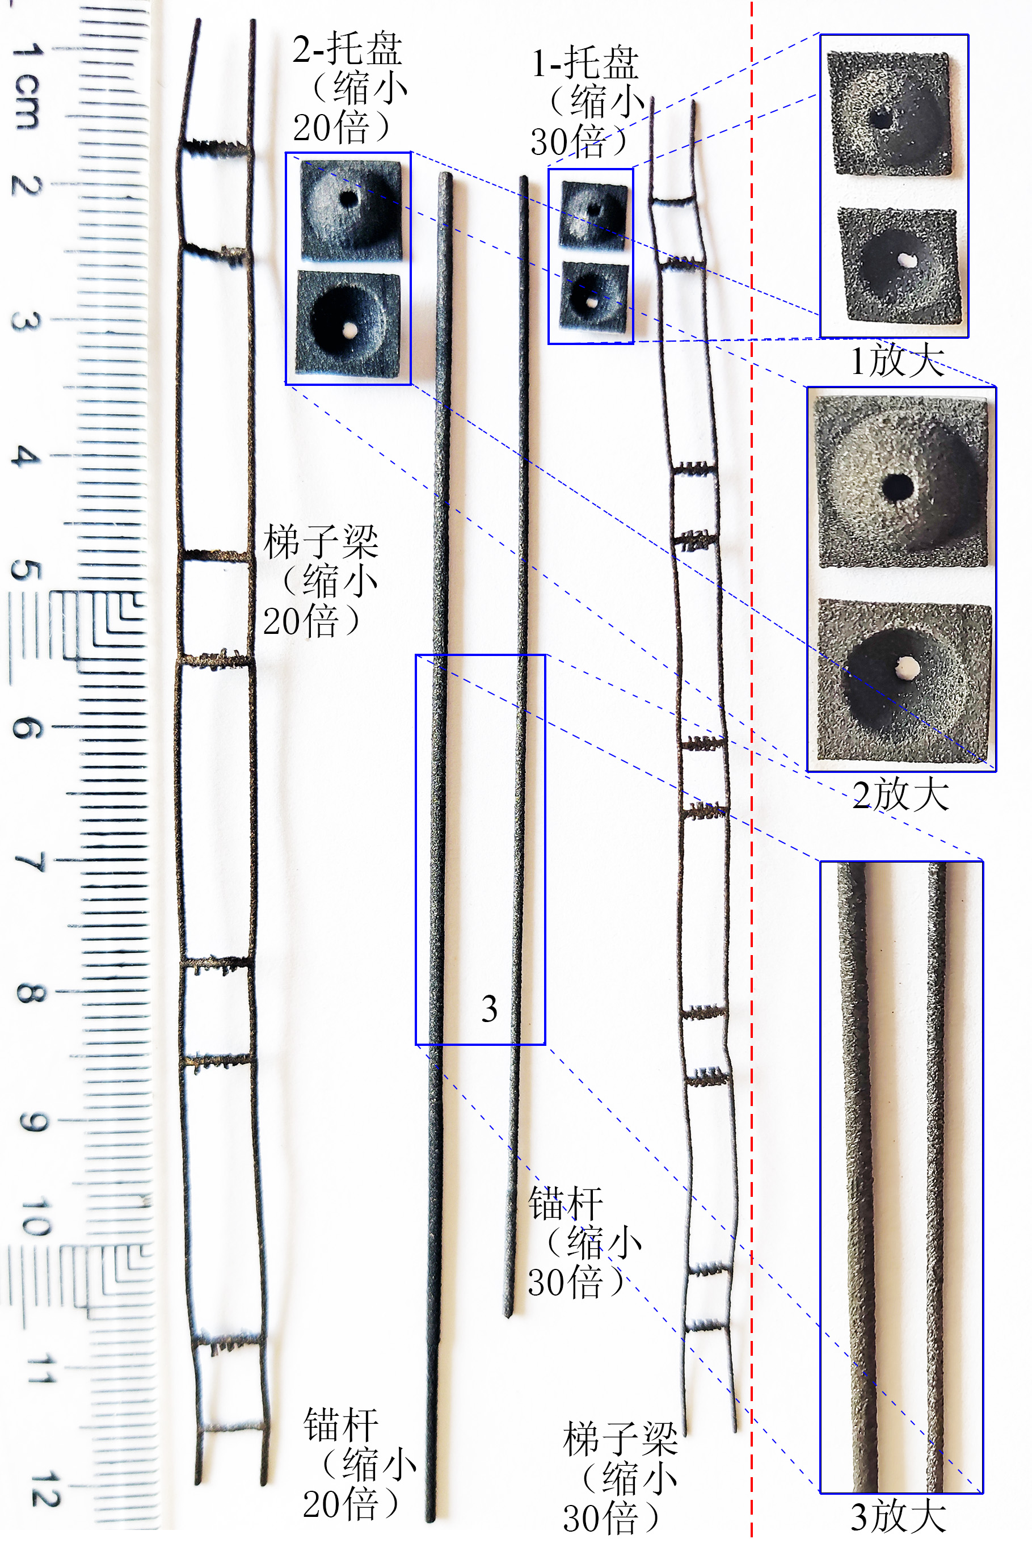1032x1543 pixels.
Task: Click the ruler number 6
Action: tap(26, 728)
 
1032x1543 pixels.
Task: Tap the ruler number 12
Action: tap(45, 1489)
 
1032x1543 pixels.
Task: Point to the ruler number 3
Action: tap(25, 321)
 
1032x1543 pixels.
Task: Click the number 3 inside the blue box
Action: tap(489, 1009)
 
